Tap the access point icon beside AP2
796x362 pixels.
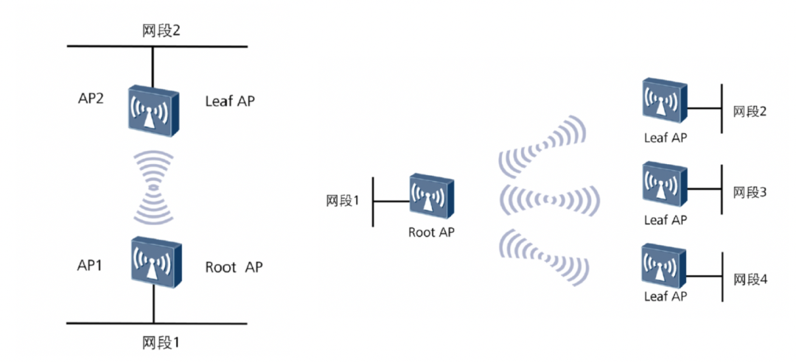click(x=153, y=110)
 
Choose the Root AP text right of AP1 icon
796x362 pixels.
click(x=233, y=266)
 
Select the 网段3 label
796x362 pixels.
click(x=750, y=193)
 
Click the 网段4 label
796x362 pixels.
click(x=750, y=280)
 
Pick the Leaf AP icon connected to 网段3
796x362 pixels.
click(x=665, y=184)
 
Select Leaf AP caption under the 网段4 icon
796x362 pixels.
click(x=666, y=297)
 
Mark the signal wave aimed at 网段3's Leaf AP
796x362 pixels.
click(x=550, y=199)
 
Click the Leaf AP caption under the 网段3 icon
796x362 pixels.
click(x=666, y=219)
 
